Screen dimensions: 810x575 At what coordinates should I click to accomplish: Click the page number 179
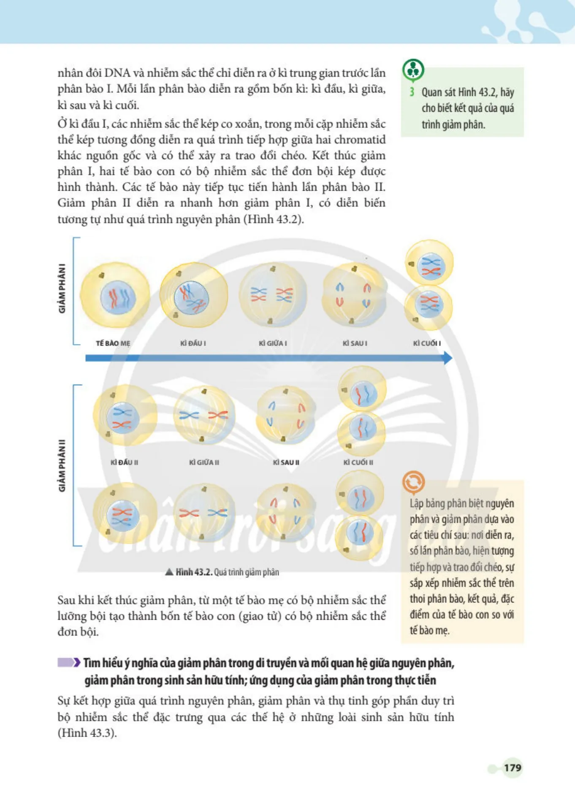[x=513, y=767]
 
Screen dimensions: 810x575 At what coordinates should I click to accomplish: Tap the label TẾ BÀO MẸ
[x=113, y=343]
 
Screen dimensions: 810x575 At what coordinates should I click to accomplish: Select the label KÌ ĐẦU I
[x=193, y=343]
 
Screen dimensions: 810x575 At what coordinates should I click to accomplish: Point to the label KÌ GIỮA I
[x=273, y=343]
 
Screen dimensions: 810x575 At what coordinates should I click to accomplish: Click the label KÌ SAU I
[x=355, y=343]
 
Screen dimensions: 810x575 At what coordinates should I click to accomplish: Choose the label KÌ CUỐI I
[x=427, y=343]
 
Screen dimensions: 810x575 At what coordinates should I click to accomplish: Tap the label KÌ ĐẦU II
[x=124, y=462]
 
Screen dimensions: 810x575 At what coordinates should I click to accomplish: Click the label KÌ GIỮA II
[x=204, y=462]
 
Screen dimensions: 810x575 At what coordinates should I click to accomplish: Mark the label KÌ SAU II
[x=286, y=462]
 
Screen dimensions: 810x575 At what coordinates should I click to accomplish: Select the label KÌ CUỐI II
[x=358, y=462]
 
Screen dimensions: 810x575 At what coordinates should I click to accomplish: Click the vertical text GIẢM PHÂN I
[x=62, y=289]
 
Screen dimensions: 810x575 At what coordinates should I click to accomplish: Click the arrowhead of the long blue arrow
[x=448, y=358]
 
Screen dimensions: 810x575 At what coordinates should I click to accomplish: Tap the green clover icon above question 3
[x=413, y=70]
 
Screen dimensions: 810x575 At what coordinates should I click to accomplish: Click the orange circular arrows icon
[x=413, y=482]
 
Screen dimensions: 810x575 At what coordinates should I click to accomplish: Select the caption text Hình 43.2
[x=194, y=572]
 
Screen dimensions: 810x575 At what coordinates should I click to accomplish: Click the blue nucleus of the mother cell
[x=118, y=297]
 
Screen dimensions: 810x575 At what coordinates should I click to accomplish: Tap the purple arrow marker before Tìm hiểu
[x=69, y=662]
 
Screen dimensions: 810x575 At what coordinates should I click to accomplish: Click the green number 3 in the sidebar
[x=412, y=92]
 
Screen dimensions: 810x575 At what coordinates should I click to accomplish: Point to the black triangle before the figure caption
[x=169, y=572]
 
